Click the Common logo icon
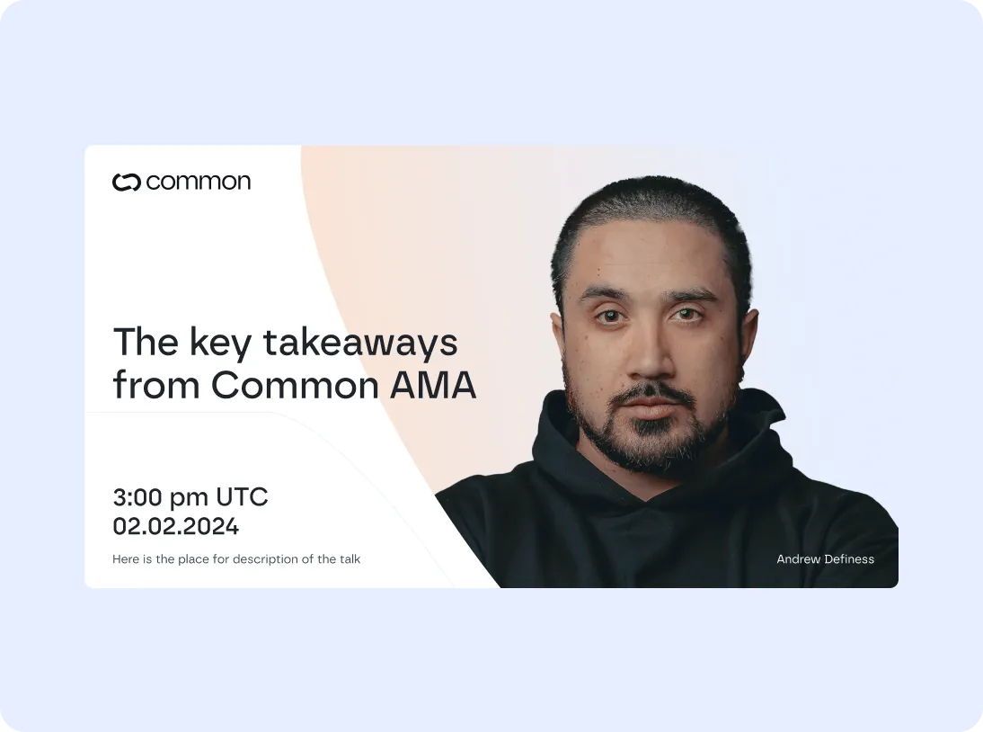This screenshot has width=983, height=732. click(x=128, y=183)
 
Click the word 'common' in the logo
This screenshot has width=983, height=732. click(x=198, y=183)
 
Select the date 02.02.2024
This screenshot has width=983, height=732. click(x=175, y=526)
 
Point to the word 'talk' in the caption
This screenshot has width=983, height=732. click(x=350, y=559)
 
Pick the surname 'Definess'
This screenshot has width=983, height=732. click(x=849, y=559)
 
